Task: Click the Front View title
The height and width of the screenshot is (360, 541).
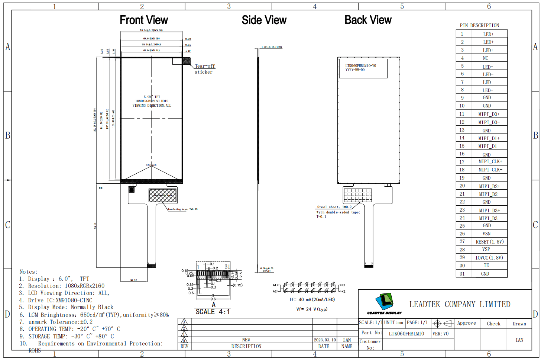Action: pos(144,20)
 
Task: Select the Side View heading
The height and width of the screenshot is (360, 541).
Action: pos(264,20)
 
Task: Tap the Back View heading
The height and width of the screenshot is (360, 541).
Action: pos(368,20)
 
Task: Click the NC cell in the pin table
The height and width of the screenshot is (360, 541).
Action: pos(486,58)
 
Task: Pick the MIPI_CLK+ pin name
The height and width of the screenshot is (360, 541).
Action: pos(490,162)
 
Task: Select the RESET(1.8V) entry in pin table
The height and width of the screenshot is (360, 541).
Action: pos(490,242)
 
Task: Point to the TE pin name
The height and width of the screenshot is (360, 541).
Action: pos(486,266)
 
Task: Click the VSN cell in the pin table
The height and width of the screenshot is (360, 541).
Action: pos(486,234)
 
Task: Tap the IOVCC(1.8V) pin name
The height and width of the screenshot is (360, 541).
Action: pos(489,258)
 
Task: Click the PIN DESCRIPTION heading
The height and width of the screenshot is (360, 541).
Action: pos(479,25)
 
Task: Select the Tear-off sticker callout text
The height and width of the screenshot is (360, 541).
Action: pos(204,69)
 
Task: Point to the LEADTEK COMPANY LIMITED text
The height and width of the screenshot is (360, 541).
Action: pos(460,304)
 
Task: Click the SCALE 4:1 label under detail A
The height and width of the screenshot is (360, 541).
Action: pos(213,312)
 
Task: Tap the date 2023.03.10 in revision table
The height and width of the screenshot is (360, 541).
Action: pos(324,340)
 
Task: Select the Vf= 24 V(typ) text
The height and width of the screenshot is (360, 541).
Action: pos(312,309)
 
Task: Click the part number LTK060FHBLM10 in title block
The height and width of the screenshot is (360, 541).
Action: pos(406,334)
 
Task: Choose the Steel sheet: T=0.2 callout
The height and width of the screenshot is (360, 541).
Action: pos(334,207)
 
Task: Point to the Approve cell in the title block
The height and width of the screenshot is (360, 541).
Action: pos(466,323)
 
